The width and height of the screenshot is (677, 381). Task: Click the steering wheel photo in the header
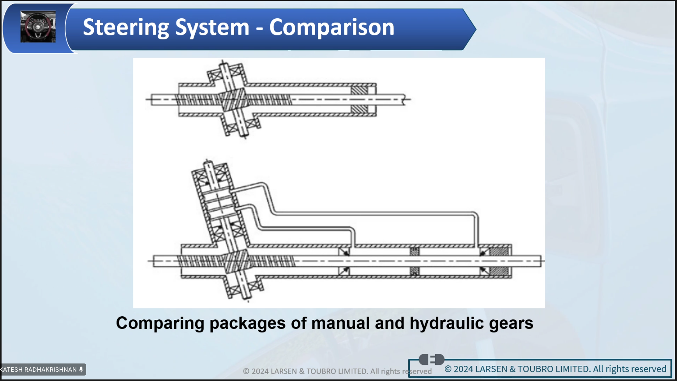tap(38, 26)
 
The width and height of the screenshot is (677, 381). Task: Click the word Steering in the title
tap(126, 28)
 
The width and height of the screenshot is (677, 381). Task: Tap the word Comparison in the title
tap(332, 27)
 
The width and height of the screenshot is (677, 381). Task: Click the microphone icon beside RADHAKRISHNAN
tap(81, 369)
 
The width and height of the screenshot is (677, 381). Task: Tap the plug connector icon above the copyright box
tap(432, 359)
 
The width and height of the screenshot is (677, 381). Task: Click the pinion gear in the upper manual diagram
tap(234, 99)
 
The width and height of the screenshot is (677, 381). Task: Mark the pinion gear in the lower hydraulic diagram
tap(236, 261)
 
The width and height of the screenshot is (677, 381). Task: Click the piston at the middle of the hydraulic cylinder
tap(414, 261)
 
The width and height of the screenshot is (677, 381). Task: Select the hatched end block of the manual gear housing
tap(359, 100)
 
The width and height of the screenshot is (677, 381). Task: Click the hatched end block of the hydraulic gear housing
tap(499, 261)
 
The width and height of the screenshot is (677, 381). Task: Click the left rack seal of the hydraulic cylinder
tap(344, 261)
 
